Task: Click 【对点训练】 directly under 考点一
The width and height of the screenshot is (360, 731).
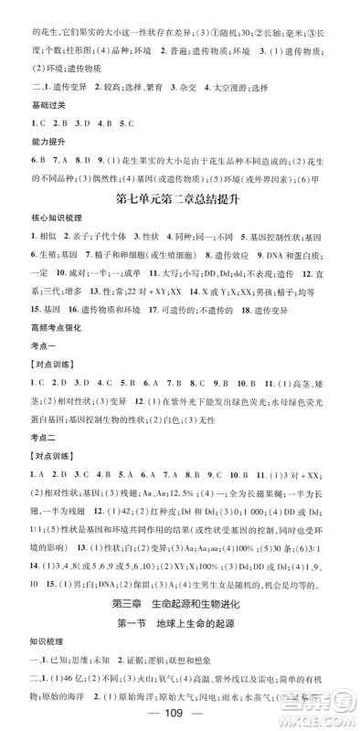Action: (30, 397)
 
